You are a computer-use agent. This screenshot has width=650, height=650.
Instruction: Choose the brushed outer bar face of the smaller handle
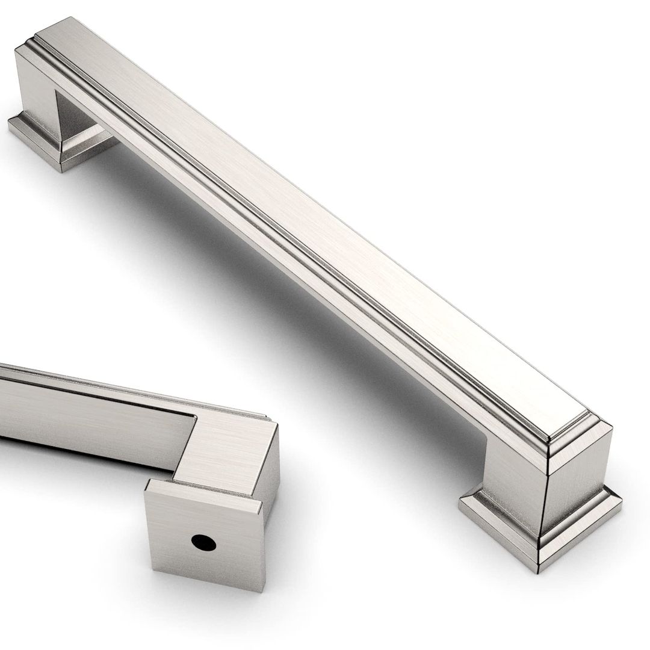pos(90,409)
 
